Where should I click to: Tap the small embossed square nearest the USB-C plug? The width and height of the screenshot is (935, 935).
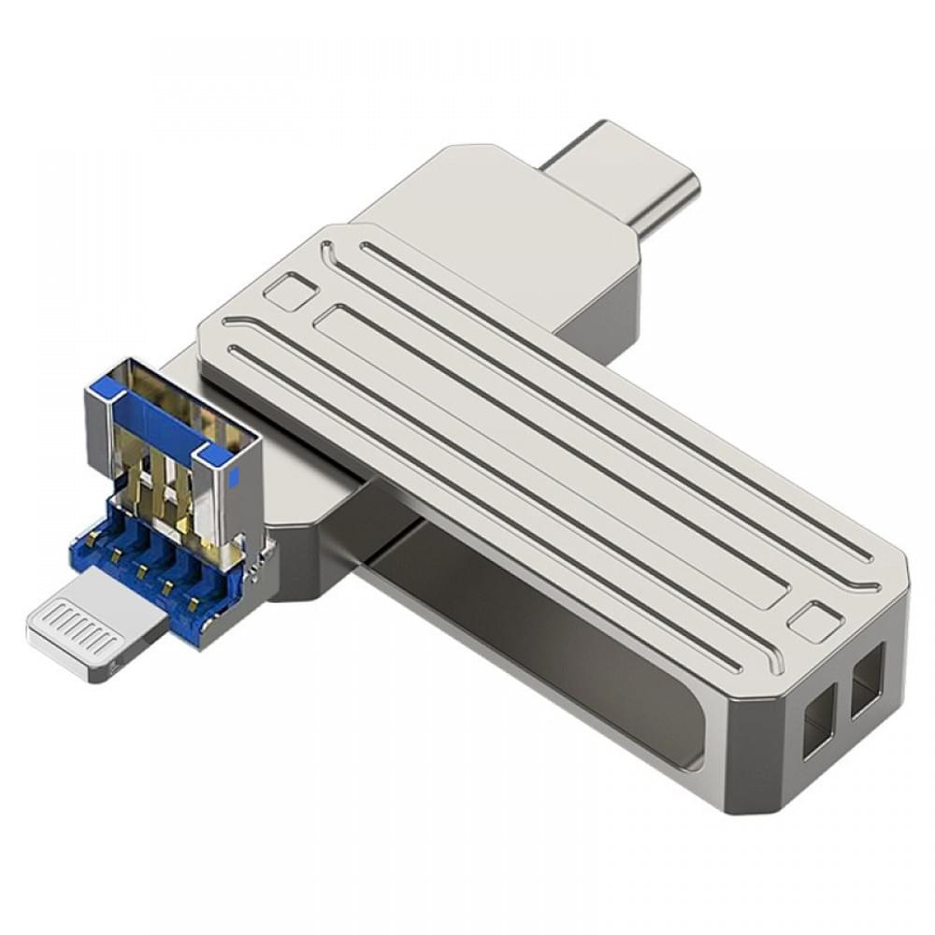pos(289,291)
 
